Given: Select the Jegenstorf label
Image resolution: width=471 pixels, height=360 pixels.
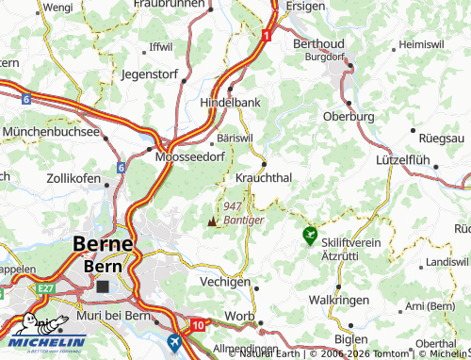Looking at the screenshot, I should tap(150, 72).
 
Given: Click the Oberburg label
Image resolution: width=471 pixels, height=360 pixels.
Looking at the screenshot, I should tap(349, 116).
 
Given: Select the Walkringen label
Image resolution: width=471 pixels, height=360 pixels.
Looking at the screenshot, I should tap(338, 300).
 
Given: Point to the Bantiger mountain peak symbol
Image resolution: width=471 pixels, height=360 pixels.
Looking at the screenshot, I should tap(212, 221).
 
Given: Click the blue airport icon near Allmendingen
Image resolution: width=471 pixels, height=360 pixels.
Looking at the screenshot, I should tap(173, 341).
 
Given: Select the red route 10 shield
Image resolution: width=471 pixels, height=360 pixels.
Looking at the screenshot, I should tap(197, 325).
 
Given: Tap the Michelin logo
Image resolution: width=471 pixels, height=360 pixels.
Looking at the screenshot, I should tap(43, 330).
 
